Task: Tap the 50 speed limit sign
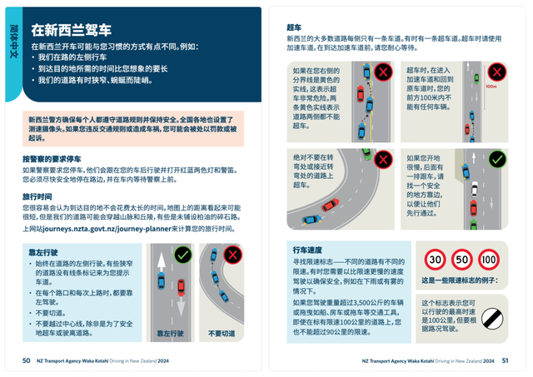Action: click(x=462, y=260)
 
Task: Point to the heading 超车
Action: click(x=294, y=27)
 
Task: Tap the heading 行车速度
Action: click(x=307, y=249)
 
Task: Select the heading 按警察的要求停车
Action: click(x=57, y=156)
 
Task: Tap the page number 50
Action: click(x=27, y=360)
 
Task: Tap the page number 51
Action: click(x=505, y=360)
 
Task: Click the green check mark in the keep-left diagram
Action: click(x=183, y=254)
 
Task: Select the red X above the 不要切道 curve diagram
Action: click(x=232, y=254)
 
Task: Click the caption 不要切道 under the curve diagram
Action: click(x=222, y=334)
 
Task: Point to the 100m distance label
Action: click(x=491, y=85)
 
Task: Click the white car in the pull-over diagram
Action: click(x=475, y=190)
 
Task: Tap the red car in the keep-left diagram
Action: click(x=181, y=287)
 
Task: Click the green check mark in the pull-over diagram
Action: click(x=496, y=158)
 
